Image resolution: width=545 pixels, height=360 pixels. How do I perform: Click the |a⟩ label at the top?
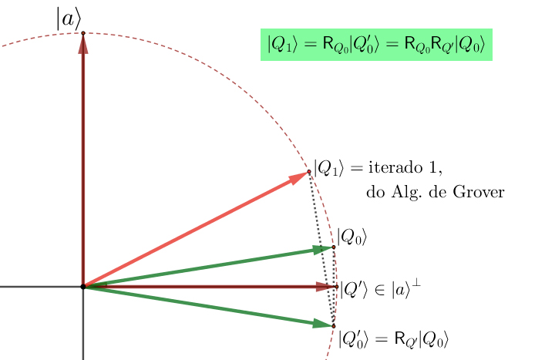pyautogui.click(x=68, y=20)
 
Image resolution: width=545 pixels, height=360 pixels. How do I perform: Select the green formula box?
pyautogui.click(x=376, y=45)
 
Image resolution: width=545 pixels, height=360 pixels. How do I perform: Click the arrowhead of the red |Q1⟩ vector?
pyautogui.click(x=298, y=178)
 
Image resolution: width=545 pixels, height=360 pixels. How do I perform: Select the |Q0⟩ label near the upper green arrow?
pyautogui.click(x=352, y=237)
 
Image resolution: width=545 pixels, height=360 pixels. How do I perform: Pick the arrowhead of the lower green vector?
pyautogui.click(x=322, y=324)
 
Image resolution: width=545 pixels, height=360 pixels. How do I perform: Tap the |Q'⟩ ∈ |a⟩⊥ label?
pyautogui.click(x=380, y=289)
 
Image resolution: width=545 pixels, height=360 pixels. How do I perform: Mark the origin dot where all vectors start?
pyautogui.click(x=83, y=287)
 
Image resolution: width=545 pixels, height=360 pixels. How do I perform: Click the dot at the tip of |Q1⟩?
pyautogui.click(x=309, y=171)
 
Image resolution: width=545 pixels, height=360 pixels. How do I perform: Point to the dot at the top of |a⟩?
pyautogui.click(x=83, y=32)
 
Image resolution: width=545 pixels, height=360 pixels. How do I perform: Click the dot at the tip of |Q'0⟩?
pyautogui.click(x=334, y=326)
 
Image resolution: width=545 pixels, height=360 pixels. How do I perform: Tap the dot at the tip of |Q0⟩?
pyautogui.click(x=334, y=247)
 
